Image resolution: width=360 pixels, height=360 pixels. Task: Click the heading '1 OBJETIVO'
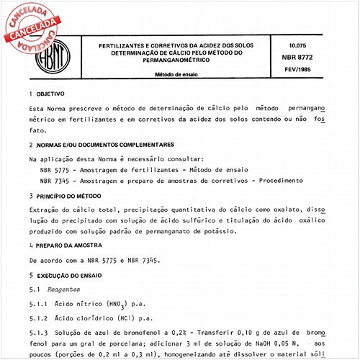pyautogui.click(x=48, y=94)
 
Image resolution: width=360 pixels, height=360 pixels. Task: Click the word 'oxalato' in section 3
pyautogui.click(x=284, y=207)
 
